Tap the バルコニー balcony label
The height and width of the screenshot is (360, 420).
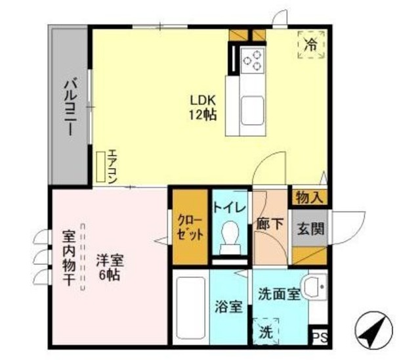(x=68, y=106)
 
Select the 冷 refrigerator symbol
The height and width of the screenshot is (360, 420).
(x=311, y=44)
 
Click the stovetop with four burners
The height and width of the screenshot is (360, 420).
(x=253, y=60)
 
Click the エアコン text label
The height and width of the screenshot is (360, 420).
(x=112, y=167)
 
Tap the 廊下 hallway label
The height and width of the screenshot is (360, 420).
(x=269, y=224)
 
